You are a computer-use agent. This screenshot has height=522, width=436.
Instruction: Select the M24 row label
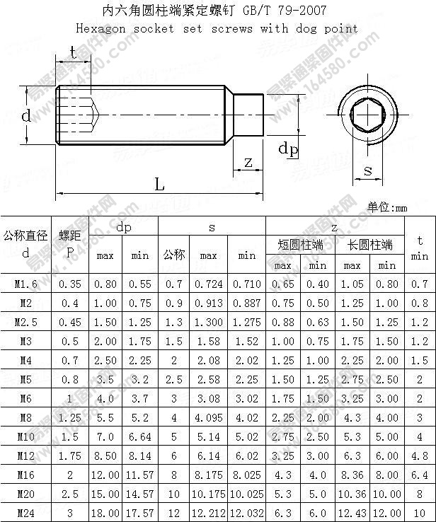pos(26,512)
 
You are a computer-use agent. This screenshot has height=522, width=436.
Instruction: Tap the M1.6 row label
pos(26,284)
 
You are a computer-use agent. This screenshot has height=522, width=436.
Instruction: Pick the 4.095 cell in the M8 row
pos(208,417)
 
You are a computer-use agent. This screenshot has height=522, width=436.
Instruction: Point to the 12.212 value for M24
pos(208,512)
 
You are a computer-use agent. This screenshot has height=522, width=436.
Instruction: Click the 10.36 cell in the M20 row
pos(352,494)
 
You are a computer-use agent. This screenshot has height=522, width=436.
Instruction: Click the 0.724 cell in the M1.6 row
pos(208,284)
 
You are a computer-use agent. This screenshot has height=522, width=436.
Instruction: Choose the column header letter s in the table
pos(212,227)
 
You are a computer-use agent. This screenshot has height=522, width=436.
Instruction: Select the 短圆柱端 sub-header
pos(300,245)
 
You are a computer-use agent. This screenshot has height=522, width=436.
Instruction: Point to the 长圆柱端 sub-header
pos(369,245)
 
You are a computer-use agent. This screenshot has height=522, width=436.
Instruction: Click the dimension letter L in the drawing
pos(160,185)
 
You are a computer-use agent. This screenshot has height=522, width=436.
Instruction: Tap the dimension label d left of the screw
pos(26,116)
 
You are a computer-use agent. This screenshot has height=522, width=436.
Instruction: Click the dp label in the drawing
pos(287,148)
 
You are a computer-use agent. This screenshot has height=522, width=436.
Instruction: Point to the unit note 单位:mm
pos(388,208)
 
